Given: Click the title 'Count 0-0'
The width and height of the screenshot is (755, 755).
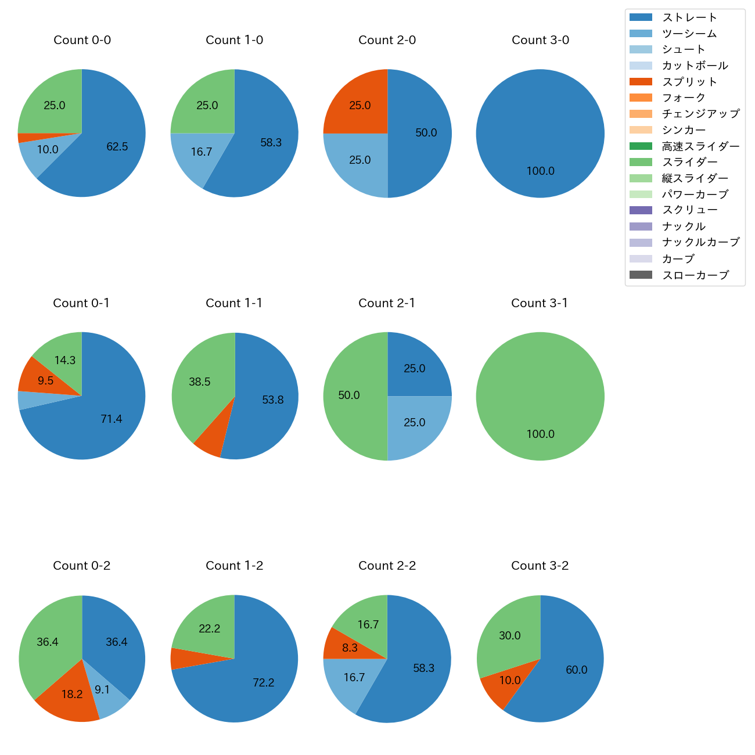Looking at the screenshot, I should coord(82,40).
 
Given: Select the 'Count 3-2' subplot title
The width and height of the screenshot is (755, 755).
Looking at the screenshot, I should coord(540,566).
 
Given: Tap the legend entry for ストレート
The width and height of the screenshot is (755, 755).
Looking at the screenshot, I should coord(689,17).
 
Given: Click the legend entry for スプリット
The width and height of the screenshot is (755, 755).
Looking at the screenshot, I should coord(689,82).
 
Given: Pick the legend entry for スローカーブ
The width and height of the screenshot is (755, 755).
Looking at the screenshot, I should coord(695,275).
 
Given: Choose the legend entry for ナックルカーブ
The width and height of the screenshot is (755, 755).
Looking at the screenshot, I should coord(700,243).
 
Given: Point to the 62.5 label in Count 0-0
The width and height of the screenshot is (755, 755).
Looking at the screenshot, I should coord(117,147).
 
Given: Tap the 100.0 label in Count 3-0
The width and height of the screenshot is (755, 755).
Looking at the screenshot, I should coord(540,171).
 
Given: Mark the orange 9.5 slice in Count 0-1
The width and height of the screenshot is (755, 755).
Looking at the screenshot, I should coord(44,378).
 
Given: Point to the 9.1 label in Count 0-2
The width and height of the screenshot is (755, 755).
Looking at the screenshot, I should coord(102,690).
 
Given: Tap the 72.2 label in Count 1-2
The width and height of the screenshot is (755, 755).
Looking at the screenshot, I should coord(263,683).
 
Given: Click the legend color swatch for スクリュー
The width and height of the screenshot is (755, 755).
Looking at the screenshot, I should coord(641,210).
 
